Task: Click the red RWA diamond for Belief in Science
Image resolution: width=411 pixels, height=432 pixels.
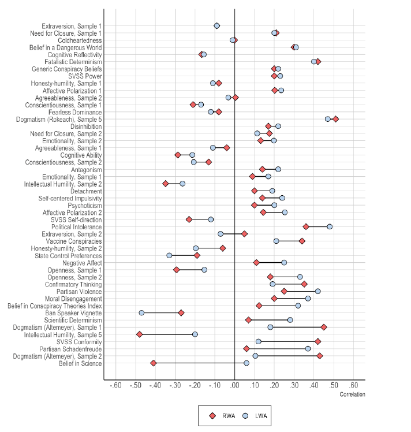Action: (153, 363)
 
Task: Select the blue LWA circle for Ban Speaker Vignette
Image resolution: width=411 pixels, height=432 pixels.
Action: (141, 312)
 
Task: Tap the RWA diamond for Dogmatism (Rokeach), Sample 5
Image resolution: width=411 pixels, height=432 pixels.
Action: (335, 119)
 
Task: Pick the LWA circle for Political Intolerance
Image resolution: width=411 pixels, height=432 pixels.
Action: (330, 226)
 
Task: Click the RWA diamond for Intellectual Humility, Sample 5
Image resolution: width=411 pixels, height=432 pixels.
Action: (139, 334)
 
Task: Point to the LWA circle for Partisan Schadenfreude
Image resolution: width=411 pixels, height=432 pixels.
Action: (308, 348)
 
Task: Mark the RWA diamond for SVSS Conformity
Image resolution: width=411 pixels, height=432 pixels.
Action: (317, 341)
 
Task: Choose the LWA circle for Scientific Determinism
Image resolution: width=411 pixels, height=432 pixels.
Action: (290, 319)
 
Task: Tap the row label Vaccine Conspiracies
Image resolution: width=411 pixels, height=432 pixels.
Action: (74, 241)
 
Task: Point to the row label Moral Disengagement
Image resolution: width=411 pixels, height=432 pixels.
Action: (73, 299)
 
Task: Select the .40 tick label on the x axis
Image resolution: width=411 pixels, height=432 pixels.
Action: (314, 385)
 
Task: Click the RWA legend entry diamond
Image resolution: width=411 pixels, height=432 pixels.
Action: (212, 415)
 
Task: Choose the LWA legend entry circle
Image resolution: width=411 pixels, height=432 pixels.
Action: (245, 415)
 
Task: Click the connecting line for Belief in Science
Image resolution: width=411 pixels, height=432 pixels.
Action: (200, 363)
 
